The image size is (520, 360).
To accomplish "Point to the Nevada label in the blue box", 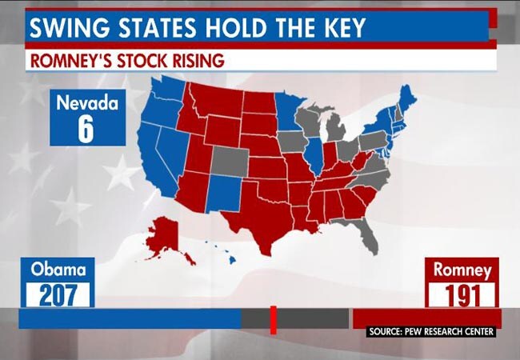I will pyautogui.click(x=86, y=102).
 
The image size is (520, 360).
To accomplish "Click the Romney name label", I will pyautogui.click(x=462, y=270).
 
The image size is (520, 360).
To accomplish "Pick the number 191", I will pyautogui.click(x=462, y=294).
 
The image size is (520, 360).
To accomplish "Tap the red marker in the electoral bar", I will pyautogui.click(x=273, y=319).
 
